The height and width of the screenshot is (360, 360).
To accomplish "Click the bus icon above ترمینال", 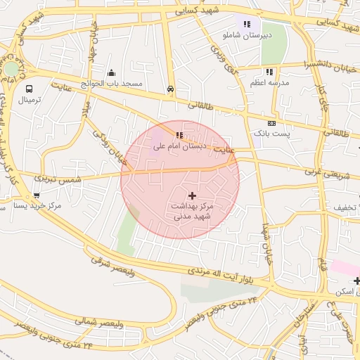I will (x=29, y=89).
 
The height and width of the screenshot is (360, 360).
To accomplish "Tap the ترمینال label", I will (x=30, y=101).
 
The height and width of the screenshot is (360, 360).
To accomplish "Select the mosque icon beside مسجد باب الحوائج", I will (x=111, y=72).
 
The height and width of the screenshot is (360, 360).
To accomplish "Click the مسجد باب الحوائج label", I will (x=112, y=84).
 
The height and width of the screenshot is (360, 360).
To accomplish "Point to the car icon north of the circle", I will (x=170, y=89).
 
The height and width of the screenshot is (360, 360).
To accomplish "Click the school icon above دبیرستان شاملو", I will (x=247, y=24).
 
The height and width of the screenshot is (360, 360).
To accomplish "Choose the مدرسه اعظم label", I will (x=269, y=83).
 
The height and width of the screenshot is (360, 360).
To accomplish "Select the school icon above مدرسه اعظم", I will (x=269, y=72).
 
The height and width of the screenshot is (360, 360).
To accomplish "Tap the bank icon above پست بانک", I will (x=271, y=122).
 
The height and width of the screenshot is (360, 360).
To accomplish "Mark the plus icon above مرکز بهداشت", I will (x=192, y=195).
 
